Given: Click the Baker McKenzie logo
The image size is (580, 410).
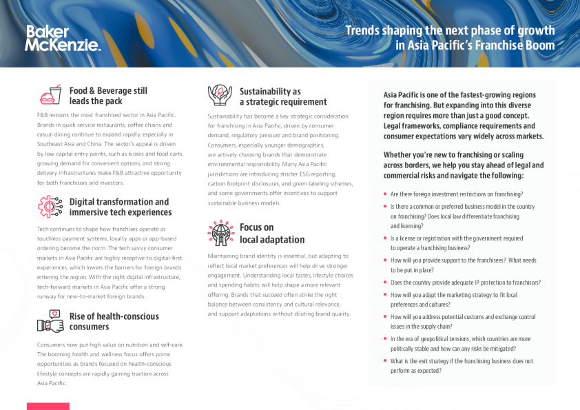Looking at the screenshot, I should [63, 38].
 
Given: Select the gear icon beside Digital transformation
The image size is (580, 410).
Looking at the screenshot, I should [50, 206].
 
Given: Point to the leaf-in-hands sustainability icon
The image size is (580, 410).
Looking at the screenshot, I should [220, 95].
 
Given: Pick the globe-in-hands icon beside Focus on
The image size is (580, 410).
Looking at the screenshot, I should [220, 233].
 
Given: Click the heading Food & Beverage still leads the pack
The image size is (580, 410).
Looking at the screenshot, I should [108, 96].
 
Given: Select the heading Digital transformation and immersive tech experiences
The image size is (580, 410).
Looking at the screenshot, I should [118, 207].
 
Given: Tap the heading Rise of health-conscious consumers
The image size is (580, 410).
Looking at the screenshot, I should [114, 321].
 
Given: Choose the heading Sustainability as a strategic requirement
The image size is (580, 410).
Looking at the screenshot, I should [273, 96].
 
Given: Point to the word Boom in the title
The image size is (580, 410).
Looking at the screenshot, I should [540, 45].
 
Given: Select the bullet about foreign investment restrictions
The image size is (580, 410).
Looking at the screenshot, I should [457, 194].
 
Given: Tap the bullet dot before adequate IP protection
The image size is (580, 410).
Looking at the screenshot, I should [386, 283].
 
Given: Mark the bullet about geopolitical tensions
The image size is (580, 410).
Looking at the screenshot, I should [461, 343].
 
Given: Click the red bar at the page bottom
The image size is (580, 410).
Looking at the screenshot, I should [48, 406].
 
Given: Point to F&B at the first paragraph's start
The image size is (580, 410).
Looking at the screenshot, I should [43, 115].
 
